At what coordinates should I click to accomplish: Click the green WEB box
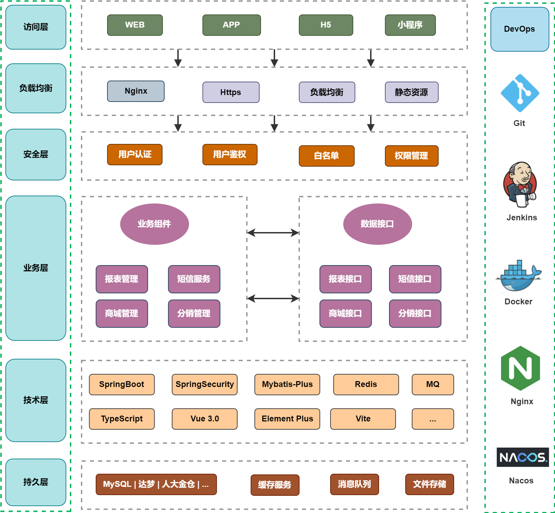(135, 25)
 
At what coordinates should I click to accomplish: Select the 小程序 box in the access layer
(410, 25)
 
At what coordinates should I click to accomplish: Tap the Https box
(231, 92)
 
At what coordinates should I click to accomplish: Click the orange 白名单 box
(326, 156)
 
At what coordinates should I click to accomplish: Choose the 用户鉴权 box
(230, 155)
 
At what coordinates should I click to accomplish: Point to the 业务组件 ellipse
(154, 224)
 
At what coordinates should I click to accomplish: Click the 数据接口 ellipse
(377, 224)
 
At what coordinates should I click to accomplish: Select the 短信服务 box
(194, 279)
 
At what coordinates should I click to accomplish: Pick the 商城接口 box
(345, 314)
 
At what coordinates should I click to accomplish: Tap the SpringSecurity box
(205, 385)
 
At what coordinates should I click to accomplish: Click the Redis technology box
(366, 385)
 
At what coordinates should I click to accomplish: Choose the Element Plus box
(287, 419)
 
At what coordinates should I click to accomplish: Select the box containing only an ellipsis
(433, 419)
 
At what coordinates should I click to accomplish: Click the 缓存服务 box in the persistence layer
(275, 485)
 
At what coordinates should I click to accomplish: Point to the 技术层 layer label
(36, 400)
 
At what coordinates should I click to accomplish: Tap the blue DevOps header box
(520, 29)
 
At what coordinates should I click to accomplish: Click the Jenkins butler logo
(520, 185)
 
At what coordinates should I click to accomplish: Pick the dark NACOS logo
(522, 457)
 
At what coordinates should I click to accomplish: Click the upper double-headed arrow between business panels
(273, 233)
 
